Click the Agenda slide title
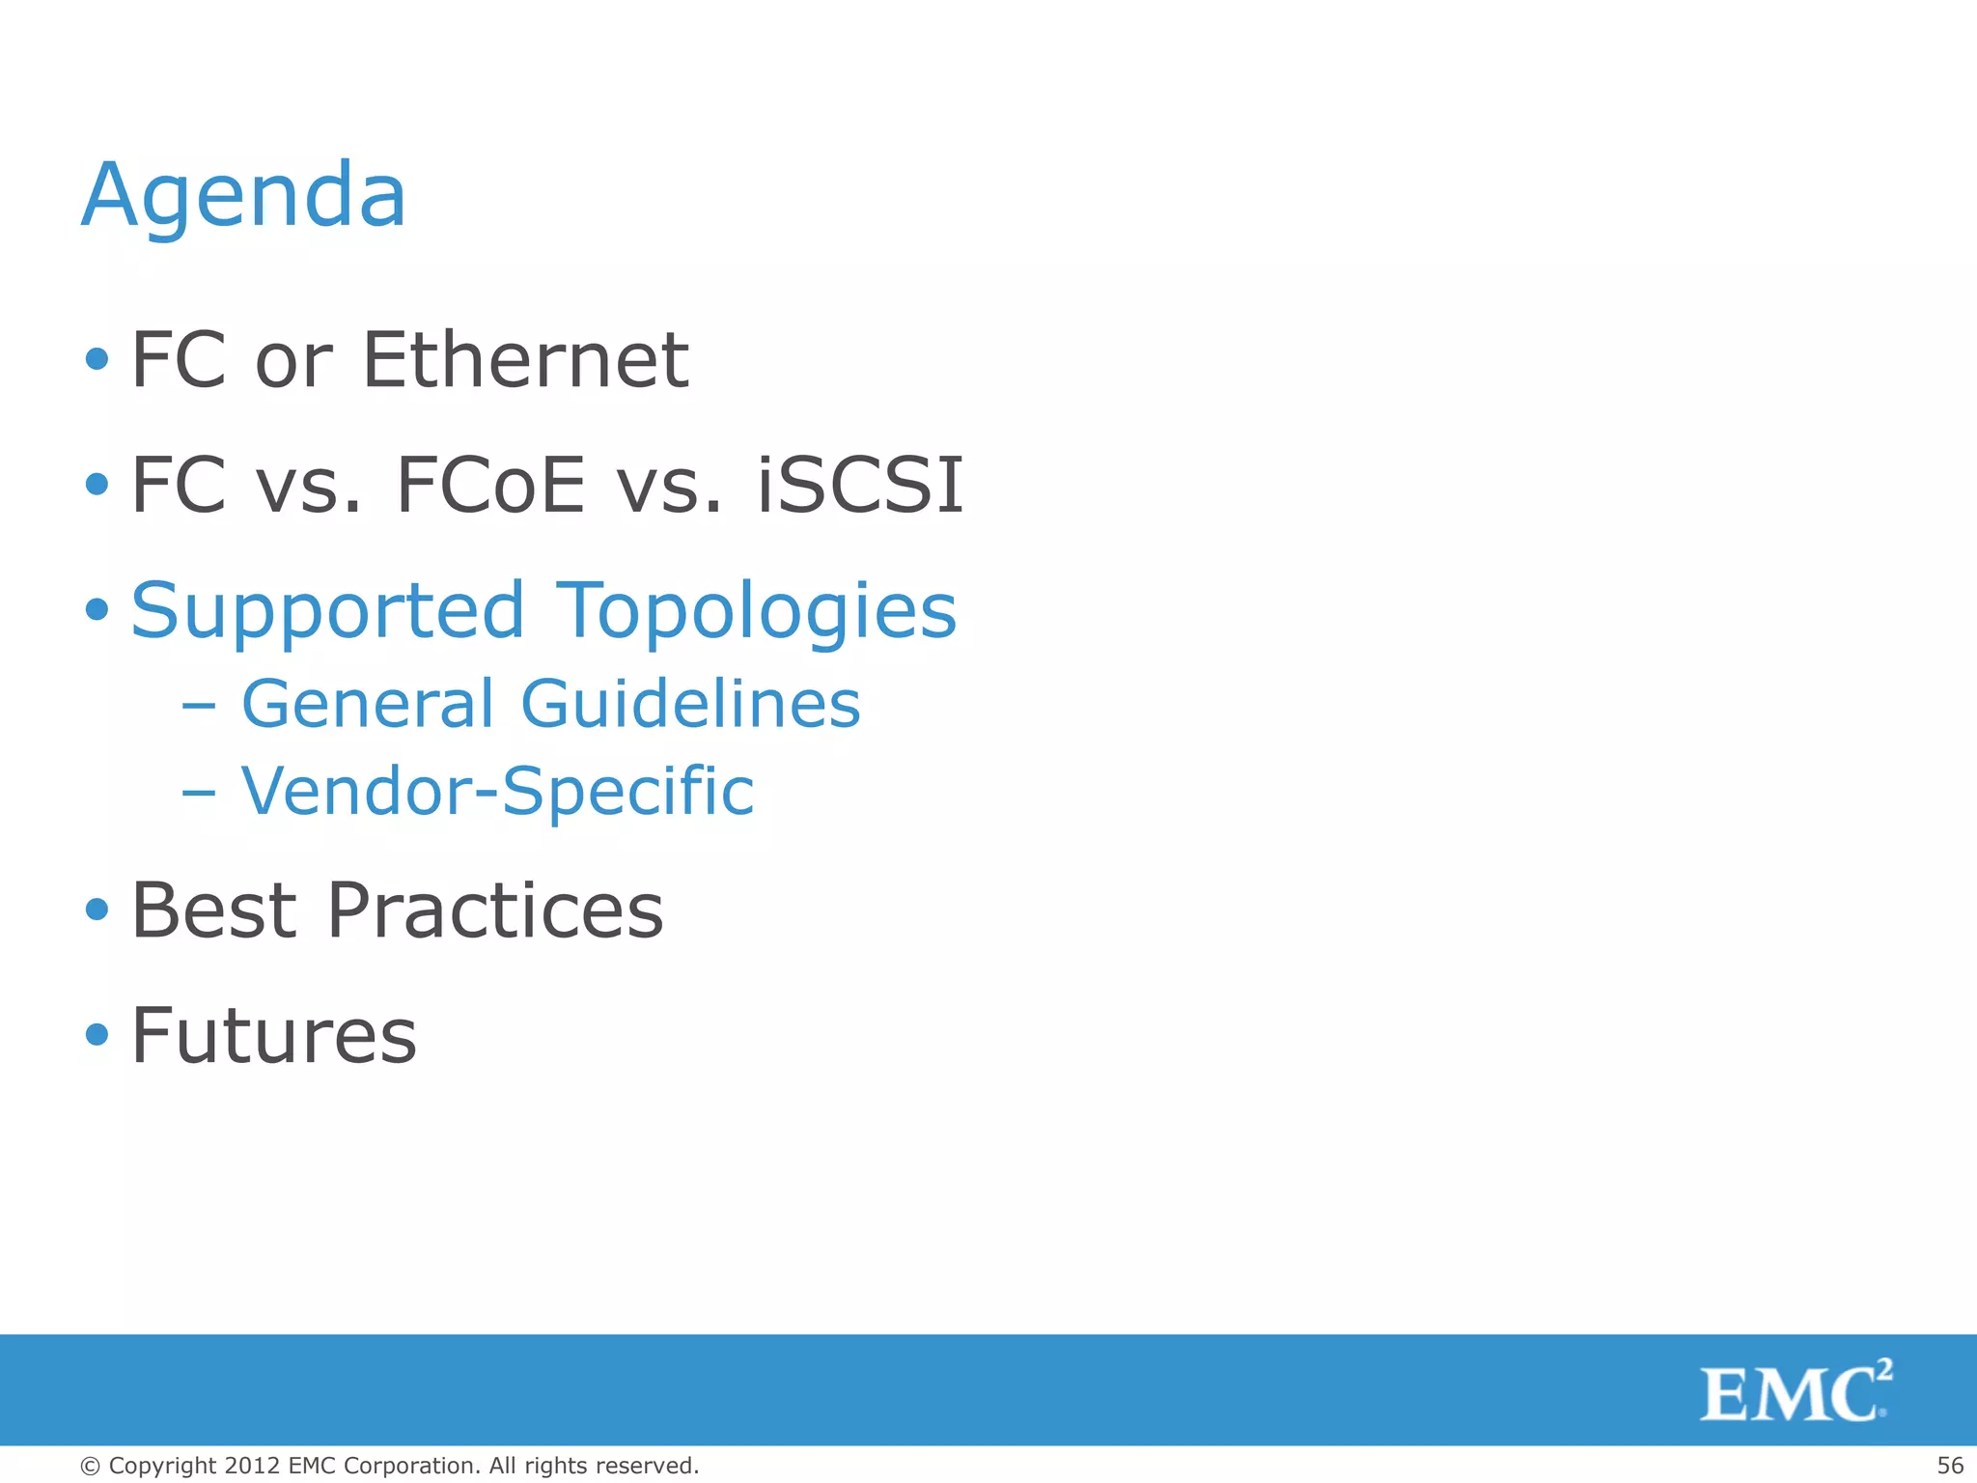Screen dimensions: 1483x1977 click(x=243, y=196)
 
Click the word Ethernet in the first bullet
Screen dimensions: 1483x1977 click(x=525, y=360)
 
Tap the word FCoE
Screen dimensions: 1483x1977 click(x=490, y=485)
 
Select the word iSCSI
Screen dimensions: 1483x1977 click(x=859, y=485)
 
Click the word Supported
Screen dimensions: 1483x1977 click(x=327, y=611)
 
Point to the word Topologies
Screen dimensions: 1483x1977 click(x=757, y=611)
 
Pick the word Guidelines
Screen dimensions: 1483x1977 click(x=690, y=703)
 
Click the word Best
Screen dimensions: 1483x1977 click(x=213, y=910)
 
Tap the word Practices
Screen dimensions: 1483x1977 click(x=495, y=910)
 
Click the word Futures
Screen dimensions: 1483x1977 click(x=273, y=1036)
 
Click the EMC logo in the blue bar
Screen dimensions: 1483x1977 click(x=1795, y=1391)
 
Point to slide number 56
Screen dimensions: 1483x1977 click(x=1950, y=1466)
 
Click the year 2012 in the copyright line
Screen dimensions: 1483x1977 click(x=252, y=1466)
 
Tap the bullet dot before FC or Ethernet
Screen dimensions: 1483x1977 click(x=97, y=360)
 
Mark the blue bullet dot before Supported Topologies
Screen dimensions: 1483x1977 click(x=97, y=610)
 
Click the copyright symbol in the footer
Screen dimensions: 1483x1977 click(x=90, y=1467)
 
